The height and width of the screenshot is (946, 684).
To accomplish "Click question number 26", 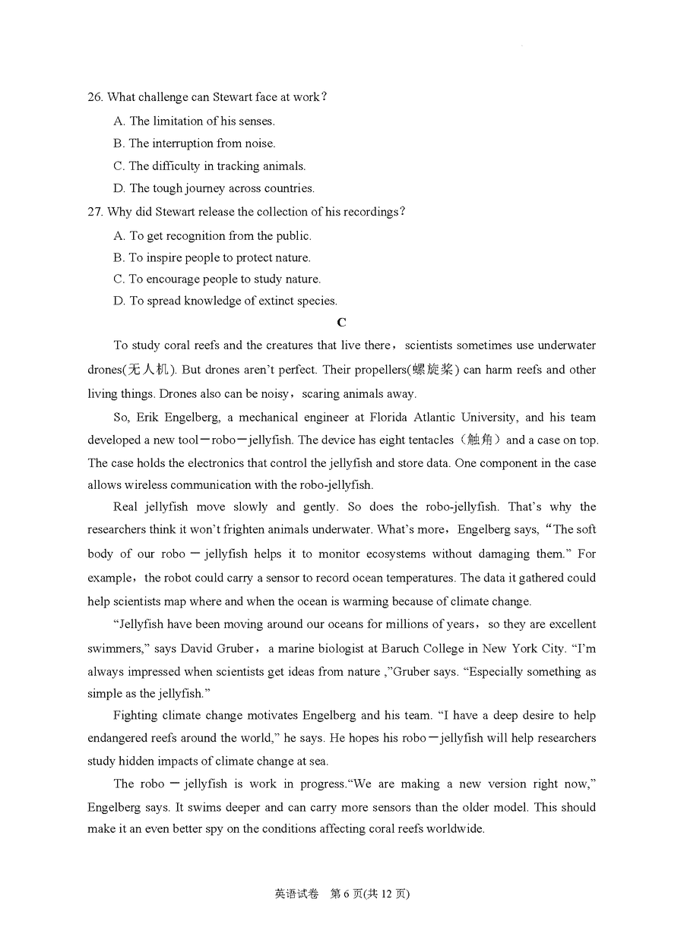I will pos(96,97).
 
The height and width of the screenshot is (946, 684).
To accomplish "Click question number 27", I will pos(96,212).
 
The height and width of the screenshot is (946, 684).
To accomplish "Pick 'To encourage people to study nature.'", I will pos(217,279).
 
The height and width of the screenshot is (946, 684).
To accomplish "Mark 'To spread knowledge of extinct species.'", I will pos(225,301).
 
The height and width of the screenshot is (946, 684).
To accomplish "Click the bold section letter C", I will pos(342,323).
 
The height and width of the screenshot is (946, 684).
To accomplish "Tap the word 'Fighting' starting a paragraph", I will pos(135,715).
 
